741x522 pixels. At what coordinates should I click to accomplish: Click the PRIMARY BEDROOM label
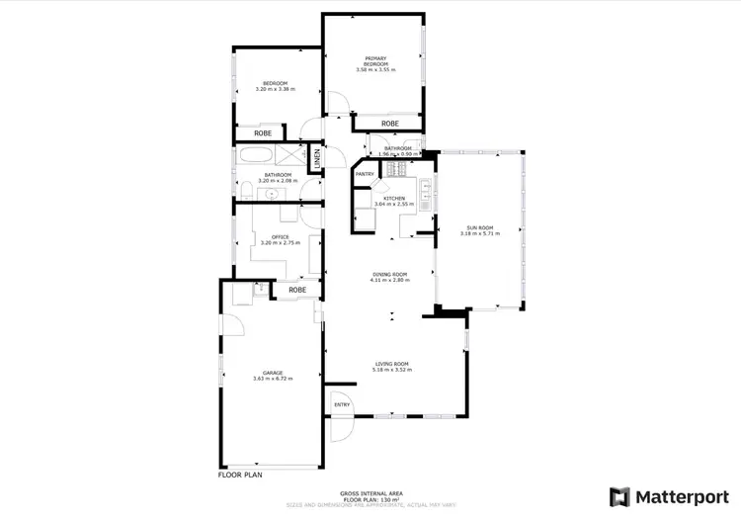pos(375,61)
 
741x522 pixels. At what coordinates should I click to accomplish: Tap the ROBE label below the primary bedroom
pos(390,125)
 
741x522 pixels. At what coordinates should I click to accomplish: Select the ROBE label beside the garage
pos(297,290)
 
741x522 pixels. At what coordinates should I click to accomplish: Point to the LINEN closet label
pos(317,157)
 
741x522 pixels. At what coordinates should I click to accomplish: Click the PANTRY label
pos(365,174)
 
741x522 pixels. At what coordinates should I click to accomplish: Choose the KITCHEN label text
pos(394,198)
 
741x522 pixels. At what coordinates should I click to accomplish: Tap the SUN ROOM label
pos(480,228)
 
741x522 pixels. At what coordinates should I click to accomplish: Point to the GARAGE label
pos(260,373)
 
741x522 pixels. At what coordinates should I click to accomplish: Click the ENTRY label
pos(342,404)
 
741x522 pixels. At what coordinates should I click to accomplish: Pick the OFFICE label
pos(280,237)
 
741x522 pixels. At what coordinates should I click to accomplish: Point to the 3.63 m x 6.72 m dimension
pos(260,379)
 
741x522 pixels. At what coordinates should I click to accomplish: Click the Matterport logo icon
pos(619,495)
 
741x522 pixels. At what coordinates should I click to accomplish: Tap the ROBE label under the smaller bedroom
pos(263,132)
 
